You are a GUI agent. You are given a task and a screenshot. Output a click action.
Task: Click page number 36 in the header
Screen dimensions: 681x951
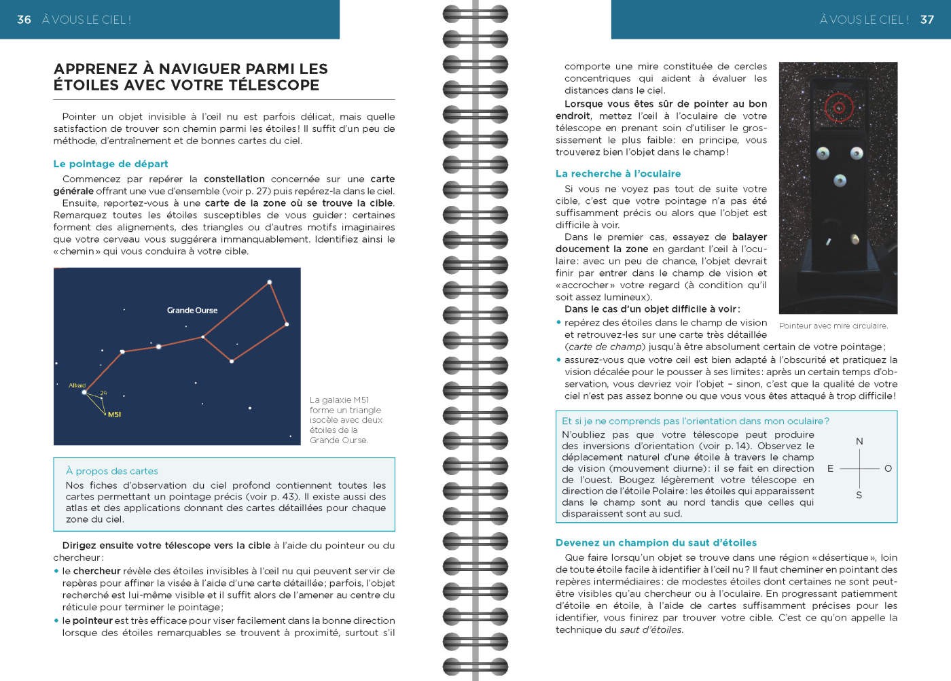24,20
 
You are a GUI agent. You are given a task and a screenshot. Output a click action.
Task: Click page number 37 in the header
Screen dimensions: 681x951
927,20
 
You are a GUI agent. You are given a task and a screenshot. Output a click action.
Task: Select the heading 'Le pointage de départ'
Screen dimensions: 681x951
111,164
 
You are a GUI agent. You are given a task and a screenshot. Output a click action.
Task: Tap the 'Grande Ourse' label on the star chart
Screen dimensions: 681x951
192,311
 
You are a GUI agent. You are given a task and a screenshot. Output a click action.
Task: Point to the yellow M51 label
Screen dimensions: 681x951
114,415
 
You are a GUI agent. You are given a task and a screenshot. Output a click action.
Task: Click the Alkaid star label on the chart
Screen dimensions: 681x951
77,385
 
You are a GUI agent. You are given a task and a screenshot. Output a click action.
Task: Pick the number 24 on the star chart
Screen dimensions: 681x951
103,393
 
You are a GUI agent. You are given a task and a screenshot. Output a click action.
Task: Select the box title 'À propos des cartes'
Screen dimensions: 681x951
112,471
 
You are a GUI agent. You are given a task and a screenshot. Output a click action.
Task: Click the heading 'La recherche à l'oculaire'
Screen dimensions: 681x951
618,174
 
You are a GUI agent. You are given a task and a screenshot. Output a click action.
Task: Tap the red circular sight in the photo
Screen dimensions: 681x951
839,107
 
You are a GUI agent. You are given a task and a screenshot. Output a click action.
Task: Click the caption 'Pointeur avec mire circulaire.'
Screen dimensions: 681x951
833,326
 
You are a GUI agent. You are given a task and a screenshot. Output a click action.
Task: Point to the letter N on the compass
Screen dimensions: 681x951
859,442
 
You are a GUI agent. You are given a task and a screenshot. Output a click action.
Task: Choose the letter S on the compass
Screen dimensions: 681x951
859,495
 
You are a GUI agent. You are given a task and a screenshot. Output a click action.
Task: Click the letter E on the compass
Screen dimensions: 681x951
830,468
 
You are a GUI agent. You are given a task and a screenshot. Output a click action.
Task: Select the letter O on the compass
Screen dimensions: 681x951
888,468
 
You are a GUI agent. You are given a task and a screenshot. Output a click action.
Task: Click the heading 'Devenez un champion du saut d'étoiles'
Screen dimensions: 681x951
656,543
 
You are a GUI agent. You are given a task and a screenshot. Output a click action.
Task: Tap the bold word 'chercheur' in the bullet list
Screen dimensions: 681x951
96,571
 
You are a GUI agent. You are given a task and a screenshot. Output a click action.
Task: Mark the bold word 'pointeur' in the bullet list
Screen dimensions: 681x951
92,621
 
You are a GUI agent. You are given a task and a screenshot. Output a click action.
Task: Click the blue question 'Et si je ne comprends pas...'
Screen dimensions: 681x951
696,421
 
